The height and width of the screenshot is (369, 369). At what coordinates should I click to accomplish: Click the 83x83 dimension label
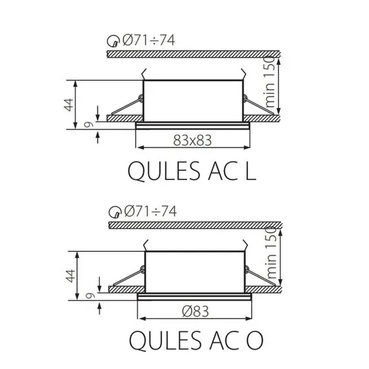point(193,139)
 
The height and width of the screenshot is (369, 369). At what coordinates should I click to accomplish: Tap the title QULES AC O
point(192,341)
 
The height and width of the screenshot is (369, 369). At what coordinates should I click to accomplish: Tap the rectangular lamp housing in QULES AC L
point(192,99)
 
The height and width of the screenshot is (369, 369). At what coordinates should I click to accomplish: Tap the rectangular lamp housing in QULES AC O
point(194,271)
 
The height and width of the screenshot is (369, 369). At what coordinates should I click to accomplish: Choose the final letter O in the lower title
point(247,341)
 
